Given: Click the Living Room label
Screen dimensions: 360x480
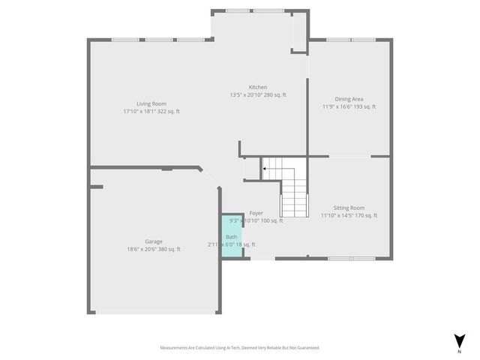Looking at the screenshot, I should (x=151, y=103).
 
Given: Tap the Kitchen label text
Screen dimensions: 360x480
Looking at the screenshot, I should (x=258, y=87).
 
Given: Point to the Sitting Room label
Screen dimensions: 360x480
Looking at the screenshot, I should (x=349, y=208).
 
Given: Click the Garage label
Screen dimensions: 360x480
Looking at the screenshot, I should (x=154, y=241).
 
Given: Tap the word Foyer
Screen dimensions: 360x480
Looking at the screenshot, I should (x=256, y=213).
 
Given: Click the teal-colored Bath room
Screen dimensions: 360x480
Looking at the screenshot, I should (x=232, y=236).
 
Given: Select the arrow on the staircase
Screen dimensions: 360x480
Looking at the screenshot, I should (x=264, y=169).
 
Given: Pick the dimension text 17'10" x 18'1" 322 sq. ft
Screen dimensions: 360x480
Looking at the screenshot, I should (x=151, y=112).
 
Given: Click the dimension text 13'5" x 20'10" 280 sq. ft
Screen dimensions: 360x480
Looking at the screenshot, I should (x=258, y=95).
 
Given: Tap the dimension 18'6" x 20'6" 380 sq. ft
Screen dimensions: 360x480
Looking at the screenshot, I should (x=154, y=250).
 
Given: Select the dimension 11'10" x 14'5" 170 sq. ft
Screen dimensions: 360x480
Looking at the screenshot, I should (x=349, y=216).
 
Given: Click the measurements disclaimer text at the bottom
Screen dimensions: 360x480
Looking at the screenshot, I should (x=239, y=347).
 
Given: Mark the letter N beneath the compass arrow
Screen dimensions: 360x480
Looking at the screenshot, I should (x=459, y=351).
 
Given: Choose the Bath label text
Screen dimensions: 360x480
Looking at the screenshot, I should (x=231, y=237).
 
